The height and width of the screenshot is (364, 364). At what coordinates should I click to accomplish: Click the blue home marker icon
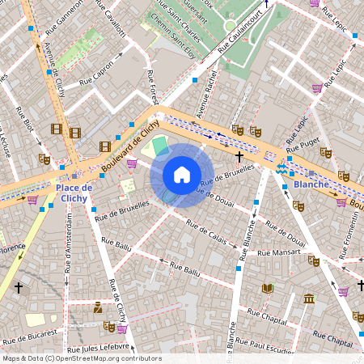click(182, 175)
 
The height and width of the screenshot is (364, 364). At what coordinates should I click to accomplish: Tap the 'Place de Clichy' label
click(74, 193)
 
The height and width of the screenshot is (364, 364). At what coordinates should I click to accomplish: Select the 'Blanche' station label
click(311, 184)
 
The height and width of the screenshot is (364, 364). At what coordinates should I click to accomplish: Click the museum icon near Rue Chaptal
click(308, 300)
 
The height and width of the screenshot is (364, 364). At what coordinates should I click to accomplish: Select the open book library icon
click(268, 288)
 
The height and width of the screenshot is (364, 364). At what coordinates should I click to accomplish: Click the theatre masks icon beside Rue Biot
click(44, 159)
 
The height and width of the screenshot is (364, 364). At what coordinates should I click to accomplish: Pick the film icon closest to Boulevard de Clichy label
click(105, 146)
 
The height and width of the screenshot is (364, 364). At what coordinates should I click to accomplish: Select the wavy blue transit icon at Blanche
click(281, 168)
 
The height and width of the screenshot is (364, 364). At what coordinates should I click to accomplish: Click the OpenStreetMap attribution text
click(81, 358)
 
